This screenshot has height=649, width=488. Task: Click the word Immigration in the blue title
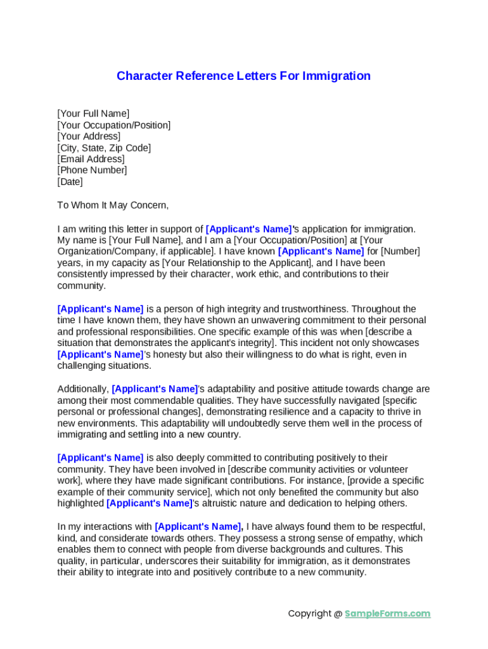337,76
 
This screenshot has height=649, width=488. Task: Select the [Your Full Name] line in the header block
93,113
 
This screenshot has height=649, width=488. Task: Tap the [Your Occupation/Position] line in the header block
114,125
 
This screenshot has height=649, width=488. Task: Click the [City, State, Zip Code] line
104,148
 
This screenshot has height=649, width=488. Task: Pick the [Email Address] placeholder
91,159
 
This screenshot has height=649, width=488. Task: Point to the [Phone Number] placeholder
92,170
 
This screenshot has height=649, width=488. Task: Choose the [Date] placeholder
70,182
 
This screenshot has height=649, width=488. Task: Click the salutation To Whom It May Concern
113,205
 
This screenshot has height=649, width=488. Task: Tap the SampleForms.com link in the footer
387,614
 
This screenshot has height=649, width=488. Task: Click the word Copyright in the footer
309,614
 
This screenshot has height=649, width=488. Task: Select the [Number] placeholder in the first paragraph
400,252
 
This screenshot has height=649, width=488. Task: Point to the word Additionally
82,389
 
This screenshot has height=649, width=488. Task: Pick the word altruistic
224,503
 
